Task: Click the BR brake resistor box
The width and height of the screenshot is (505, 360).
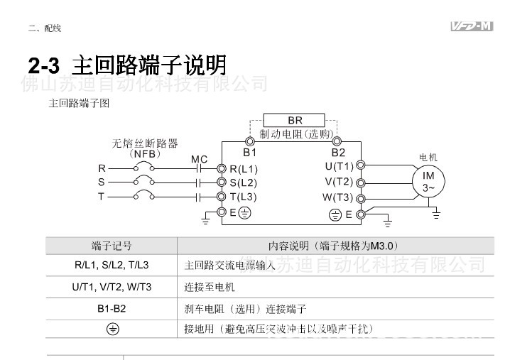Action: [295, 120]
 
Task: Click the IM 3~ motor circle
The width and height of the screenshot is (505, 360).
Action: [429, 182]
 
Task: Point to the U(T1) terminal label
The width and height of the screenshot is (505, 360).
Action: [339, 166]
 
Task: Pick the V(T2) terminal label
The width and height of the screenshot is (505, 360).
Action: [339, 182]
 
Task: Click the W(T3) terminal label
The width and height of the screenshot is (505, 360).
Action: [338, 197]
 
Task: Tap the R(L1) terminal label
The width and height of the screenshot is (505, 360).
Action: [244, 169]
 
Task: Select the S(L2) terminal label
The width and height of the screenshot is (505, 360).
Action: [244, 182]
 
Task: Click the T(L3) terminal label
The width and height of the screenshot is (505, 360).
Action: [243, 197]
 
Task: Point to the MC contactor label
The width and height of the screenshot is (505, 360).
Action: [199, 160]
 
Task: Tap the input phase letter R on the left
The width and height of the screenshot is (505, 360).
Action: [102, 169]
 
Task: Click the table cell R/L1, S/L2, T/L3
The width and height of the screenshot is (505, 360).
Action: [112, 266]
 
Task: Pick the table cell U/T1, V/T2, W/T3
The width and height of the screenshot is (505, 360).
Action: [112, 288]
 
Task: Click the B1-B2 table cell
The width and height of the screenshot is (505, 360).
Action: [112, 309]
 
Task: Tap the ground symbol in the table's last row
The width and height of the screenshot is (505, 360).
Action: [112, 329]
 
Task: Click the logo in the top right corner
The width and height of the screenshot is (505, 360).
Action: [472, 27]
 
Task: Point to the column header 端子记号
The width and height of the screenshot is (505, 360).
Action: [112, 246]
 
